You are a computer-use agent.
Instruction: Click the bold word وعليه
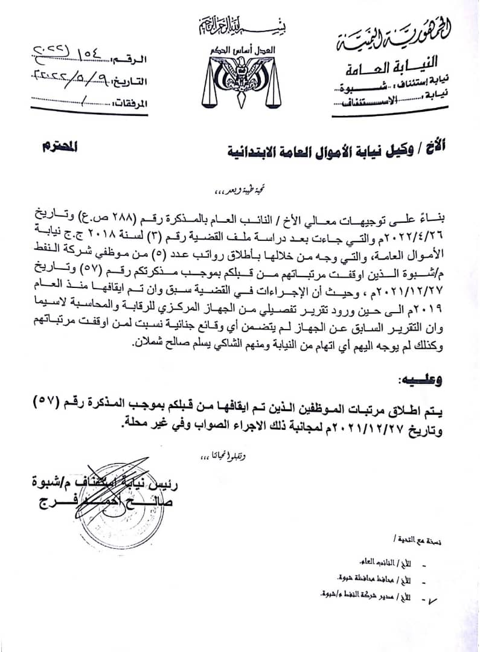click(420, 381)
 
